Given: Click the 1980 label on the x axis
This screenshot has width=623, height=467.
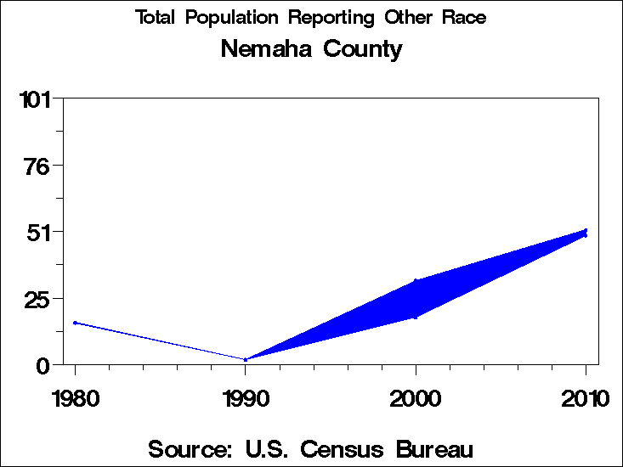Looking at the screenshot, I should pos(75,399).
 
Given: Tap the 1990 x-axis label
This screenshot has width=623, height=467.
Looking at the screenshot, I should pos(246,399).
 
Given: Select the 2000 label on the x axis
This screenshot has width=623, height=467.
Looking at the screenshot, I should pos(416,399).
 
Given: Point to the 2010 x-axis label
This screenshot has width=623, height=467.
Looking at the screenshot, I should pos(586,399).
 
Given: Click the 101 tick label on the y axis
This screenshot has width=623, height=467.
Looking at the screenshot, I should pos(37,100).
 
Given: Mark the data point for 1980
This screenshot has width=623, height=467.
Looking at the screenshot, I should pos(75,323).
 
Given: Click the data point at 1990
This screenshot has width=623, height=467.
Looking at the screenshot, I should pos(246,360).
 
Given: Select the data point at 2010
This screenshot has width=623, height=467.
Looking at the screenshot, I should pos(586,232).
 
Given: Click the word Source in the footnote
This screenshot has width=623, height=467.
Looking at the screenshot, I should pos(190,448).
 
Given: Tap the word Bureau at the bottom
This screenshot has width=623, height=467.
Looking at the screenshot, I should pos(436,448).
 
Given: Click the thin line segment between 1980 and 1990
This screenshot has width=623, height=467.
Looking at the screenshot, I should pos(160,341).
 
